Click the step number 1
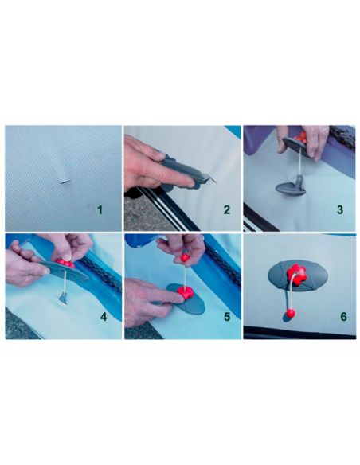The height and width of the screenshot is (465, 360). [100, 209]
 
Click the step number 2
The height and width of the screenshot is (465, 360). [225, 210]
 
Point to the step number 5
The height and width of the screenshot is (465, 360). [225, 317]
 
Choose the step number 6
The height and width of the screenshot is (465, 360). [343, 317]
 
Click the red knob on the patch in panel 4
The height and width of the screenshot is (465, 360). [65, 263]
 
